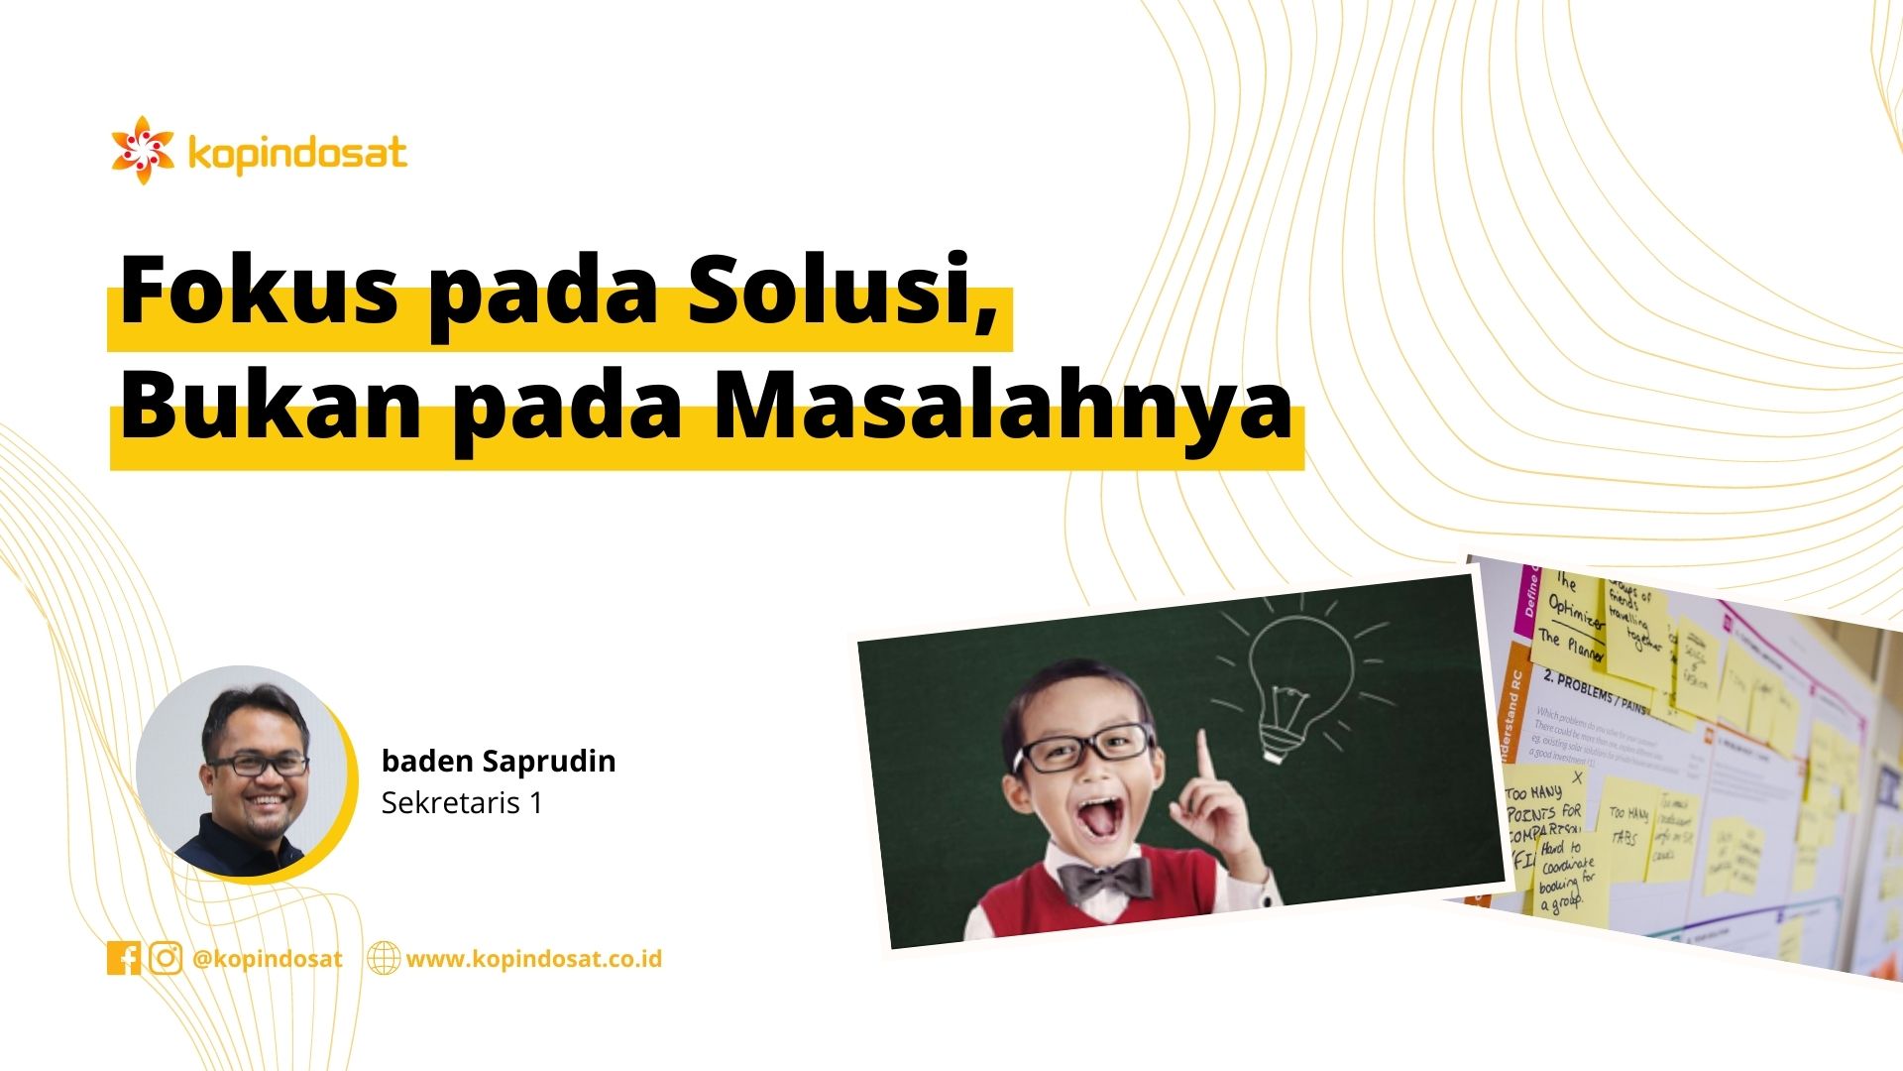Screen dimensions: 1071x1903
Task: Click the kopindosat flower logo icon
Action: pos(143,150)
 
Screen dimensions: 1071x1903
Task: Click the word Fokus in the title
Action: pos(259,290)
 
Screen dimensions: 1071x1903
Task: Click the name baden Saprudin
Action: pos(499,761)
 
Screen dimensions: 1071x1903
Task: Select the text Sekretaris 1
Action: pos(462,802)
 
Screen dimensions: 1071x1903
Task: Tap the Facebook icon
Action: pos(124,958)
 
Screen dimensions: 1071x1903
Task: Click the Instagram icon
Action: pos(166,958)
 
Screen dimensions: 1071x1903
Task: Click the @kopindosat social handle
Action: pos(268,959)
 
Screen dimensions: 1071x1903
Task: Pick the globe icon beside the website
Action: pos(384,958)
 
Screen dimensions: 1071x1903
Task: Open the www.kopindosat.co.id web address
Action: pos(534,959)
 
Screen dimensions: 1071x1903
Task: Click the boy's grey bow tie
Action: pos(1104,879)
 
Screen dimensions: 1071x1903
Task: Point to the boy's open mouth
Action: pos(1100,818)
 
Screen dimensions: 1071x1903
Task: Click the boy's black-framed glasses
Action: pos(1084,749)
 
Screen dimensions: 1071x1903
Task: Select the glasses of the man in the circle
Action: pos(258,765)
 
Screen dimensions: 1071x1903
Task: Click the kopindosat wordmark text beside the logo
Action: pos(296,154)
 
